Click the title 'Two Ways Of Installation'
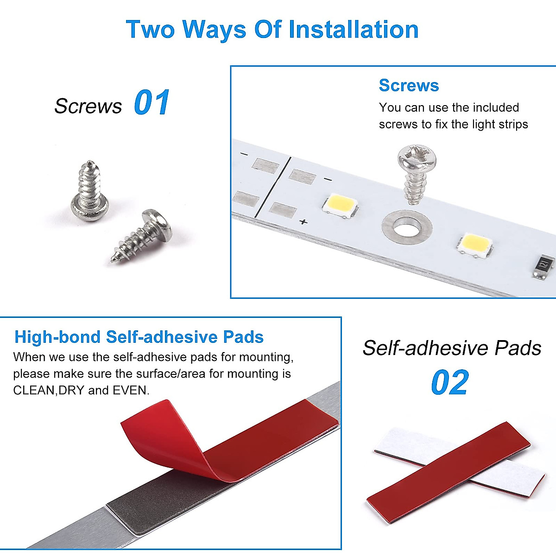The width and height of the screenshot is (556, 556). pyautogui.click(x=272, y=30)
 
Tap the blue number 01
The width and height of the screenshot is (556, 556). pyautogui.click(x=152, y=103)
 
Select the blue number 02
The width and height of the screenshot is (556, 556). pyautogui.click(x=449, y=383)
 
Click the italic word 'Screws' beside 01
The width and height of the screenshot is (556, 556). pyautogui.click(x=88, y=106)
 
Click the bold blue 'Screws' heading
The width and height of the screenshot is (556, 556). pyautogui.click(x=409, y=86)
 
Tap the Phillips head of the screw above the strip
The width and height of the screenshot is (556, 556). pyautogui.click(x=417, y=158)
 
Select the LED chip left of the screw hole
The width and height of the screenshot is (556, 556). pyautogui.click(x=341, y=204)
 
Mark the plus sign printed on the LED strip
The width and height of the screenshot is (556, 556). pyautogui.click(x=303, y=222)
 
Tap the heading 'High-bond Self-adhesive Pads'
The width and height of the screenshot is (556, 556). pyautogui.click(x=139, y=337)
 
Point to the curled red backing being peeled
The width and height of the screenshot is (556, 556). pyautogui.click(x=167, y=440)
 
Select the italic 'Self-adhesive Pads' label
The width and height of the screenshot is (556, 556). pyautogui.click(x=452, y=348)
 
